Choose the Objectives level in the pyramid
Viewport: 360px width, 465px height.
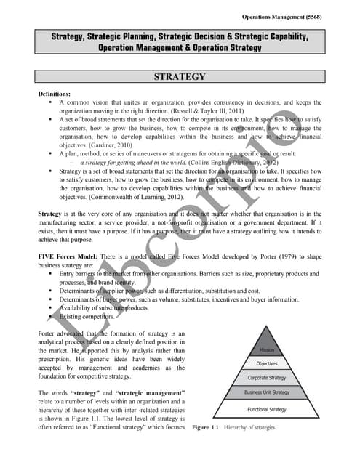tap(266, 364)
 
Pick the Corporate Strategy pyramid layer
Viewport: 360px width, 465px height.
tap(266, 379)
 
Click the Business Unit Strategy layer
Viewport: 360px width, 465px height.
tap(266, 393)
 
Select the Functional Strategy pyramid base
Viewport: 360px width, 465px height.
tap(266, 410)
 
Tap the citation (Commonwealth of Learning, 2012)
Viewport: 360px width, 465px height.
tap(146, 196)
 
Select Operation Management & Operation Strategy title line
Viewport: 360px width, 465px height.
tap(180, 47)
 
